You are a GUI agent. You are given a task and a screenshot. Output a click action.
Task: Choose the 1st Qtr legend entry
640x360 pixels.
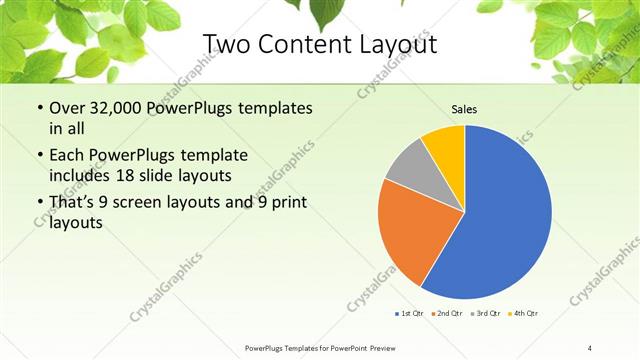coord(413,314)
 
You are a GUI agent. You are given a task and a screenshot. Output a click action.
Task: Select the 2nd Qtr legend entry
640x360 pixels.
coord(447,314)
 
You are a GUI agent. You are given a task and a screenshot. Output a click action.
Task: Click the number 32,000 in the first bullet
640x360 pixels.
coord(112,107)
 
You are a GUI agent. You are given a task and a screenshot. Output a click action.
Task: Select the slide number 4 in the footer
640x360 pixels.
coord(589,347)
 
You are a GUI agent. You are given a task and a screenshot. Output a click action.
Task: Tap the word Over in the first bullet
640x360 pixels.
coord(66,107)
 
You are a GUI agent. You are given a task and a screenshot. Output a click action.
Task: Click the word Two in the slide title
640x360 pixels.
coord(226,45)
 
